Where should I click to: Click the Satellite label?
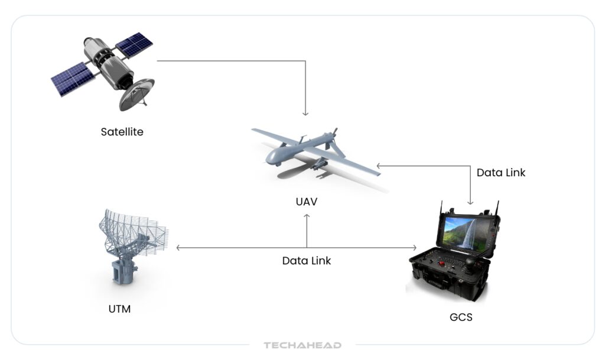pos(122,131)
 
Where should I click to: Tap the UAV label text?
pos(307,202)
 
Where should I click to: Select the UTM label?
pos(119,308)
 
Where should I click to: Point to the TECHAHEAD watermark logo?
pos(302,345)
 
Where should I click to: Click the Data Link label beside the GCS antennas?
pos(500,173)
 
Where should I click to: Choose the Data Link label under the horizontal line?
pos(306,261)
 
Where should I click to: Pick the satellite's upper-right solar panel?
pos(134,44)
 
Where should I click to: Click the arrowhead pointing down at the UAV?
pos(305,112)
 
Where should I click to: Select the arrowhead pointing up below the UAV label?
pos(307,217)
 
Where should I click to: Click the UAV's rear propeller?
pos(334,133)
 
